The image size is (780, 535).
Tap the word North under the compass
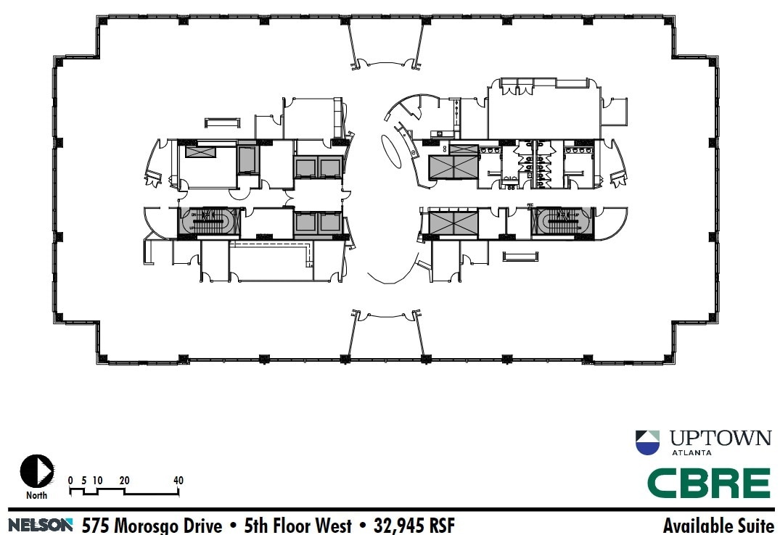coord(36,496)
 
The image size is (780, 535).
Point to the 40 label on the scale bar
coord(178,481)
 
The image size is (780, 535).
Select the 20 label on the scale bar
coord(124,481)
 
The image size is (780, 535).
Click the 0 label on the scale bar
coord(70,481)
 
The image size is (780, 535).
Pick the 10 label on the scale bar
coord(97,481)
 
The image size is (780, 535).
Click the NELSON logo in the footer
coord(41,524)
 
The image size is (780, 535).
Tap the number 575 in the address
coord(96,525)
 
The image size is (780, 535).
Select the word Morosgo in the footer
coord(145,525)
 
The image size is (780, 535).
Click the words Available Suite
coord(718,525)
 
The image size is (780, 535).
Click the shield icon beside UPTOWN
coord(648,442)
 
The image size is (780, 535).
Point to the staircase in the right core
coord(562,221)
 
